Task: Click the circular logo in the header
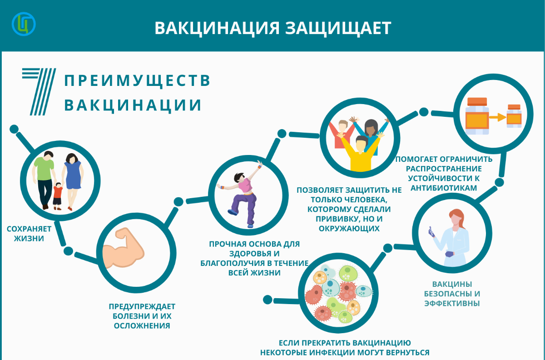(x=24, y=24)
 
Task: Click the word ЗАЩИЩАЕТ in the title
(x=338, y=29)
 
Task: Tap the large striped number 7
(x=39, y=91)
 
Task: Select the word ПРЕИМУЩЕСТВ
(x=137, y=81)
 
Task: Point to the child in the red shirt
(x=58, y=196)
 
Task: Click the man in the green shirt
(x=45, y=180)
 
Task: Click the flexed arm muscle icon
(x=123, y=249)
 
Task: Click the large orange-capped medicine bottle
(x=477, y=116)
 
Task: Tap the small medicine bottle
(x=514, y=116)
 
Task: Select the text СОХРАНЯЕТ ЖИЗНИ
(x=29, y=234)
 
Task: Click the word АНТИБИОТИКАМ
(x=444, y=188)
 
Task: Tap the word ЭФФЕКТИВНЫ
(x=452, y=303)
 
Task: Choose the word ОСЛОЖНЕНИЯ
(x=142, y=325)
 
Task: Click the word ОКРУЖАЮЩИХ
(x=349, y=229)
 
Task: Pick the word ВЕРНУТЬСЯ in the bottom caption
(x=407, y=352)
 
